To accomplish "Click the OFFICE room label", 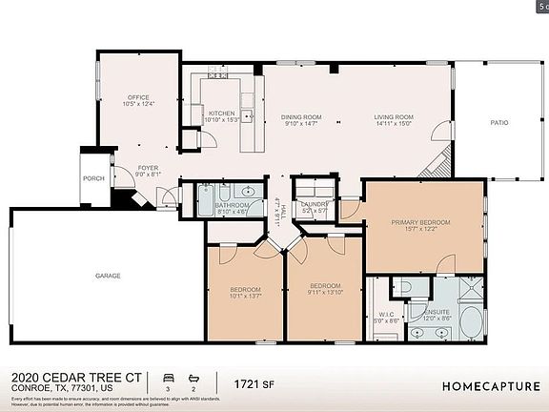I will pos(139,97).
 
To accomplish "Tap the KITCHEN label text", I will pos(221,112).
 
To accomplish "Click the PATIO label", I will pos(498,122).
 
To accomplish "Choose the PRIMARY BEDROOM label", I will pos(420,221).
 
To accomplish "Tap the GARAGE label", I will pos(108,276).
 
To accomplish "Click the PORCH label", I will pos(93,178).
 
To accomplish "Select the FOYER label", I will pos(148,168).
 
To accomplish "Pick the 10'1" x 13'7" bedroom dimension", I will pos(245,297).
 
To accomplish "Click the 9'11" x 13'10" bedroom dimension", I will pos(325,293).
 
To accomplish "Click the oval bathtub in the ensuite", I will pos(469,322).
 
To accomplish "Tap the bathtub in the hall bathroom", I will pos(207,202).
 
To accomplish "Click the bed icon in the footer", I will pos(169,379).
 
